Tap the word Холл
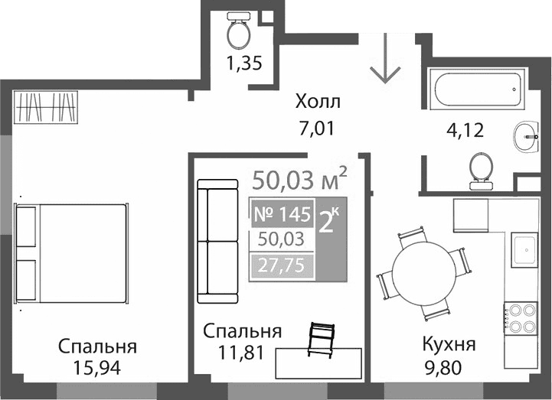click(318, 102)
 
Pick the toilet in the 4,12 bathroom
click(481, 169)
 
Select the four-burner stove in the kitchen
click(521, 317)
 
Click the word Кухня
click(449, 345)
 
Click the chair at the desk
click(322, 339)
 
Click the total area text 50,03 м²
click(299, 180)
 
